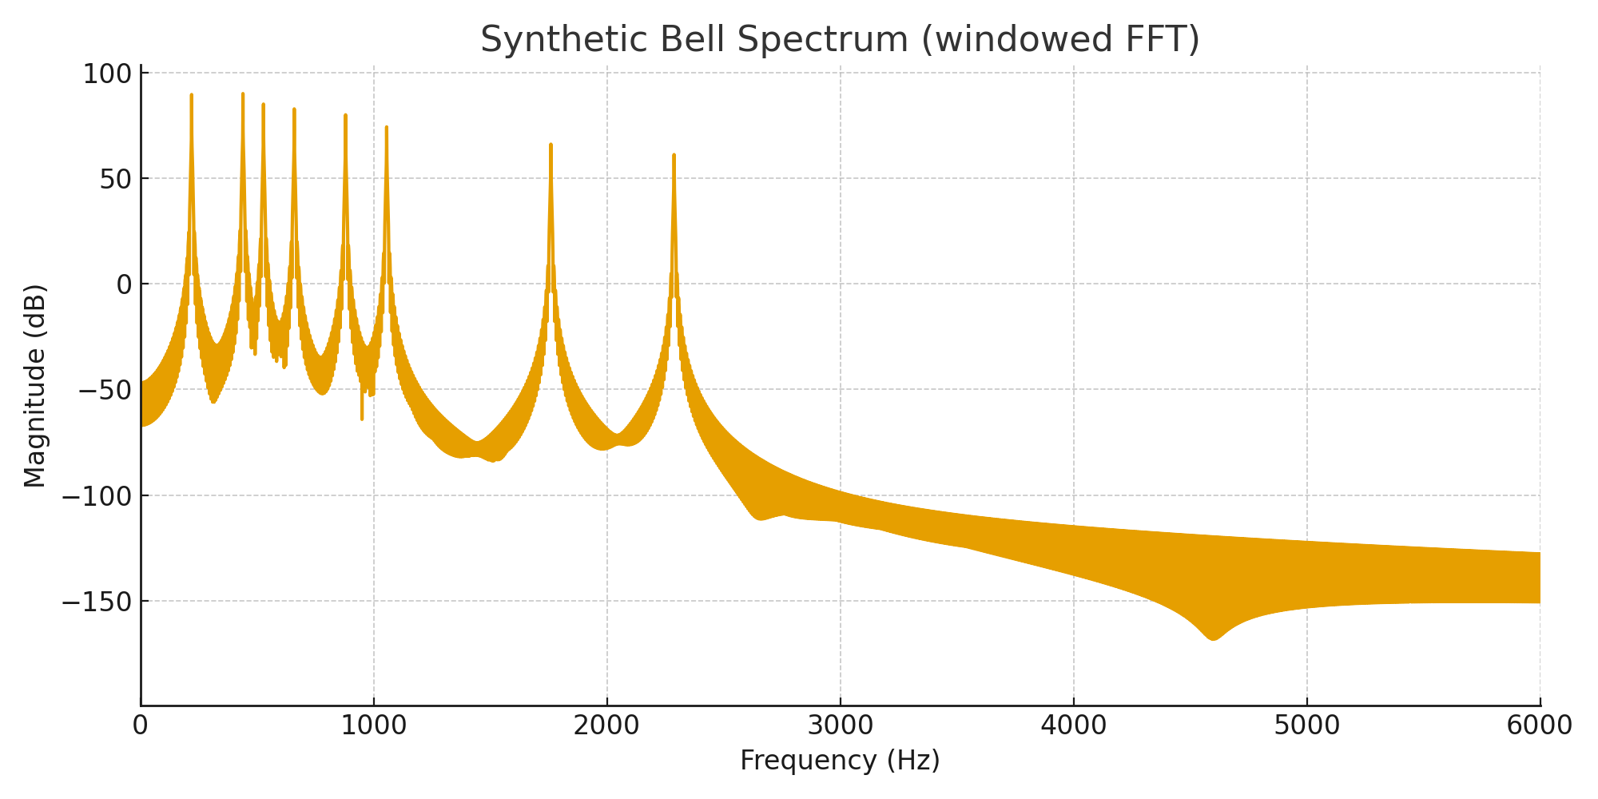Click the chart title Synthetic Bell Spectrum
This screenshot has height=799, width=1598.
click(x=840, y=40)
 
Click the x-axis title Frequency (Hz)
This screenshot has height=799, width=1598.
click(x=840, y=760)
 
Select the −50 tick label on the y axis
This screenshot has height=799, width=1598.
click(x=104, y=390)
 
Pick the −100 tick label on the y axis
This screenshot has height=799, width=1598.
click(x=97, y=495)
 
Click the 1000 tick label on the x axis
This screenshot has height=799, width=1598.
click(x=374, y=725)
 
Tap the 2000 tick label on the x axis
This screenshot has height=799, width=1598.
click(x=607, y=725)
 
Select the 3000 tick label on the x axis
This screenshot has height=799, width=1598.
click(x=841, y=725)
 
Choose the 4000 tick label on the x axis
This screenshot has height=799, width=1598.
click(x=1074, y=725)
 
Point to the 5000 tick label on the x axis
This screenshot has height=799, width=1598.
click(x=1307, y=725)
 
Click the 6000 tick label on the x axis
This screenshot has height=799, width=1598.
click(x=1540, y=725)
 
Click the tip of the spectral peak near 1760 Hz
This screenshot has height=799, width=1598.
click(x=551, y=145)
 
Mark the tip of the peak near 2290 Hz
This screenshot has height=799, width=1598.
click(x=674, y=155)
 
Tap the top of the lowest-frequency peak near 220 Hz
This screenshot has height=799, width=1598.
click(x=192, y=95)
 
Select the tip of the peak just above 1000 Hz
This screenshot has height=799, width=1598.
click(x=387, y=127)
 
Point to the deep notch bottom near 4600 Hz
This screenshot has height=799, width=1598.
click(x=1214, y=639)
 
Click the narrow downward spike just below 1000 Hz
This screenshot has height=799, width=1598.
click(x=362, y=419)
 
